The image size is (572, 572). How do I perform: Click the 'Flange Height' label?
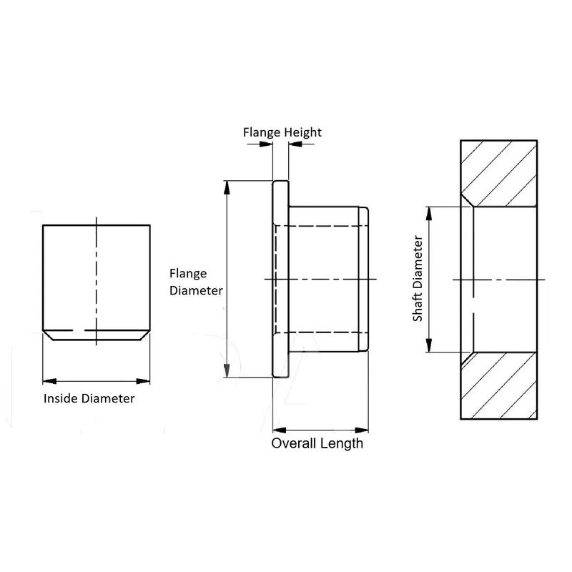pyautogui.click(x=282, y=132)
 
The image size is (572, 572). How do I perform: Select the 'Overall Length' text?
pyautogui.click(x=317, y=443)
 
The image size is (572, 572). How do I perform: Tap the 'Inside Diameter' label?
pyautogui.click(x=89, y=399)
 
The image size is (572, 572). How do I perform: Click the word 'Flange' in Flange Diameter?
pyautogui.click(x=187, y=273)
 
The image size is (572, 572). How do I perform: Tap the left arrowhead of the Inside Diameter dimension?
pyautogui.click(x=48, y=380)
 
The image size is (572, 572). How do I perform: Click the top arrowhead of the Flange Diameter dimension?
pyautogui.click(x=227, y=187)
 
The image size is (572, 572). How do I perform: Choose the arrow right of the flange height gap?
pyautogui.click(x=295, y=144)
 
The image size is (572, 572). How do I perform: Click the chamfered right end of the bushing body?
pyautogui.click(x=365, y=280)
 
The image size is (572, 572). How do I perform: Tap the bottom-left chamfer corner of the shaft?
pyautogui.click(x=48, y=334)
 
